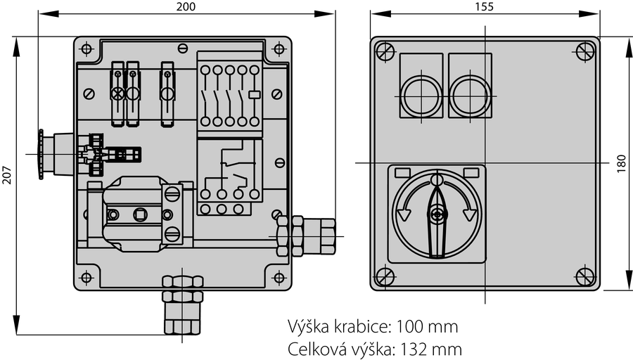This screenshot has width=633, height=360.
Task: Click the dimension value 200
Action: click(186, 6)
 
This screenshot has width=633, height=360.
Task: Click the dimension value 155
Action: click(485, 6)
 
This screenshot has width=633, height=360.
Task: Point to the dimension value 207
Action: click(7, 175)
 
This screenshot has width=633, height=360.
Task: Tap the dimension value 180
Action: click(622, 163)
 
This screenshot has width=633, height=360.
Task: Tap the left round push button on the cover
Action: click(421, 96)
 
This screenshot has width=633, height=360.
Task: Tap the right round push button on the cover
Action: click(470, 96)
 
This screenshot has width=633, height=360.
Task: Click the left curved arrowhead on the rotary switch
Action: click(404, 214)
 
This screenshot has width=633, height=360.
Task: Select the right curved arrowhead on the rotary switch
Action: click(469, 214)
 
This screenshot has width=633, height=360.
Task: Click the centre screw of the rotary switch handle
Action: click(436, 214)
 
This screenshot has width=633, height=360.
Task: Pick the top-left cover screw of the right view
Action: click(385, 51)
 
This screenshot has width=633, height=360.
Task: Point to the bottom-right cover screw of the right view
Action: click(585, 276)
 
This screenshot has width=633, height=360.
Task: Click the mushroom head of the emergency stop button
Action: click(41, 154)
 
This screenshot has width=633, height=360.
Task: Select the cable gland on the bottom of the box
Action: click(182, 304)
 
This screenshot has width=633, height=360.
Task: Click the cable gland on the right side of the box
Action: click(307, 236)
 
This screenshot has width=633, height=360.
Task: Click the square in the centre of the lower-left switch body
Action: click(140, 214)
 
